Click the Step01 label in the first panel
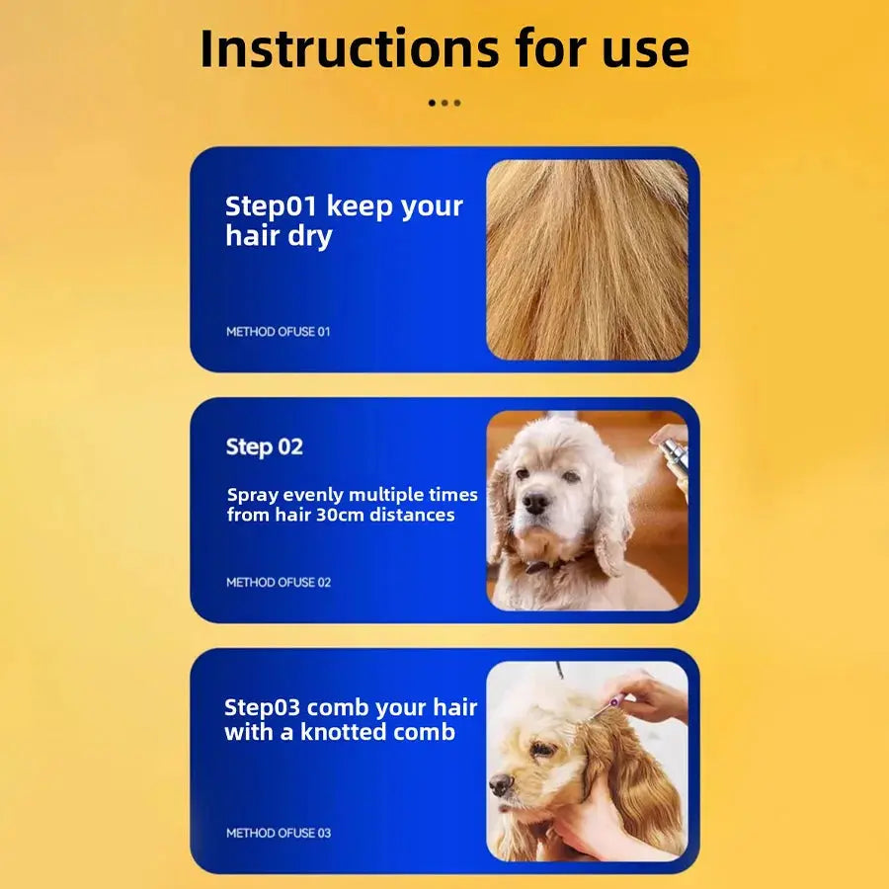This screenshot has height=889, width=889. (x=271, y=206)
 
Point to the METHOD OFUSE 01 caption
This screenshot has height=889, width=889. (x=278, y=332)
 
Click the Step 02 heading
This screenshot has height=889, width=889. (x=264, y=447)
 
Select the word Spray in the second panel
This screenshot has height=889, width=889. (x=252, y=496)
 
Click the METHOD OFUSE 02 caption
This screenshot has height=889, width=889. (x=279, y=582)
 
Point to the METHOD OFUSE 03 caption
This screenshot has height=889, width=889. (x=279, y=833)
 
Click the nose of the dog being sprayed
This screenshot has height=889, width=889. (x=535, y=502)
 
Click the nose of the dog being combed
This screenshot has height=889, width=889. (x=501, y=784)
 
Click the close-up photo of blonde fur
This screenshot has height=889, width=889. (x=588, y=260)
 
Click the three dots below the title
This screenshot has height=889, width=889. (x=444, y=103)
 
